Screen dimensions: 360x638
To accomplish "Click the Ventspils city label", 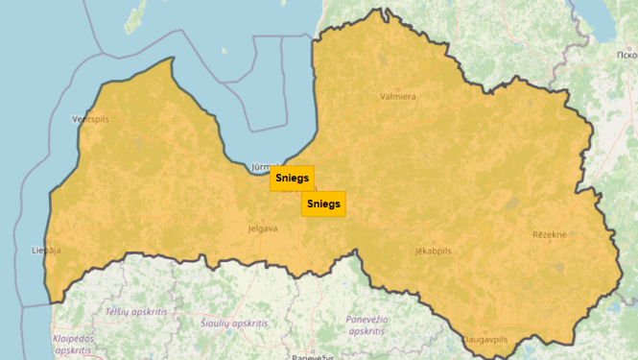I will [91, 119].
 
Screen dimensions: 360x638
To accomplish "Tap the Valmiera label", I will [398, 96].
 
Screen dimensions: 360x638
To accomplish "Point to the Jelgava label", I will [262, 228].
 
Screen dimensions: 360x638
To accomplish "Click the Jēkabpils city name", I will [433, 250].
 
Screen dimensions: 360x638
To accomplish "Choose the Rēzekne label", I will [550, 234].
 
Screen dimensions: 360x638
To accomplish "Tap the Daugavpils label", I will [485, 340].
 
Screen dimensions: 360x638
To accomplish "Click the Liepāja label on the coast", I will [46, 250].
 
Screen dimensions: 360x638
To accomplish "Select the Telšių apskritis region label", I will [136, 313].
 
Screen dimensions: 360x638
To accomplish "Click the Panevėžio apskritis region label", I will [367, 324].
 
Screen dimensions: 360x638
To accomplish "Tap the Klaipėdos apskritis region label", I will [74, 345].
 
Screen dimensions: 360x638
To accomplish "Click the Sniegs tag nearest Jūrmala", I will [292, 179].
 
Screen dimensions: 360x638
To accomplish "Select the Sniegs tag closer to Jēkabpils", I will [322, 204].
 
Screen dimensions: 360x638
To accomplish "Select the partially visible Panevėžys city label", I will [314, 356].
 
